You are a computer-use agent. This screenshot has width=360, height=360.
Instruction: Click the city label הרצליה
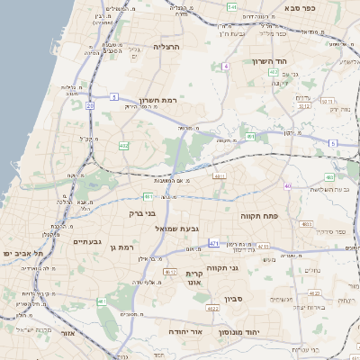(167, 46)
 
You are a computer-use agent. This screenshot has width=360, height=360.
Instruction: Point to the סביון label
(234, 297)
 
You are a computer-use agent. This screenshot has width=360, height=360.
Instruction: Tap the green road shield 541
(232, 7)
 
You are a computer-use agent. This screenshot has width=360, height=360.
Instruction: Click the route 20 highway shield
(90, 105)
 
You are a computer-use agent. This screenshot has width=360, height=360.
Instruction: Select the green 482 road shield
(123, 145)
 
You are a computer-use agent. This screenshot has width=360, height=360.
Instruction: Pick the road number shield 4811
(219, 176)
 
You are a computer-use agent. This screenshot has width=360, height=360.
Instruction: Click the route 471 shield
(213, 243)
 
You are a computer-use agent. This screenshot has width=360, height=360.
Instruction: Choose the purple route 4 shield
(227, 66)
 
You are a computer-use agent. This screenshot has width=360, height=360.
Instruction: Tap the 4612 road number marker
(170, 270)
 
